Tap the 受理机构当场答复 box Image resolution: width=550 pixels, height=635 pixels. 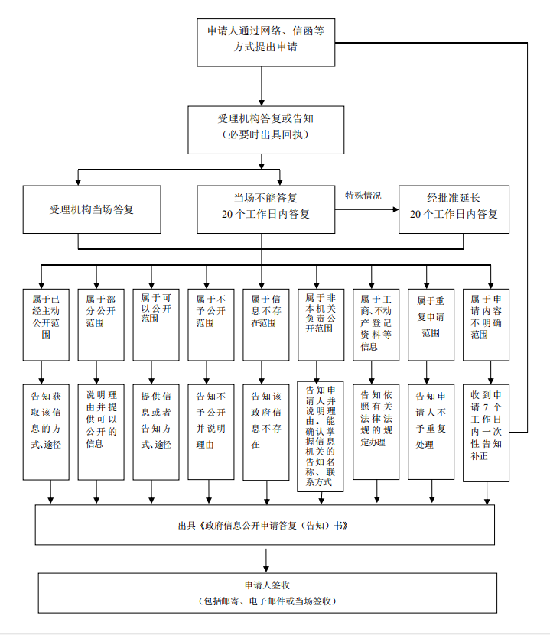[x=92, y=209]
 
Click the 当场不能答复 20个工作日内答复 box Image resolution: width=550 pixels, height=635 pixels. [x=265, y=209]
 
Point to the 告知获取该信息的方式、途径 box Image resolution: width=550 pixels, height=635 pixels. [x=46, y=431]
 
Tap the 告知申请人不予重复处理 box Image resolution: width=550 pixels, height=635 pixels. [x=431, y=431]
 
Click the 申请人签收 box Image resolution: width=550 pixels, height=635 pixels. [x=265, y=592]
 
